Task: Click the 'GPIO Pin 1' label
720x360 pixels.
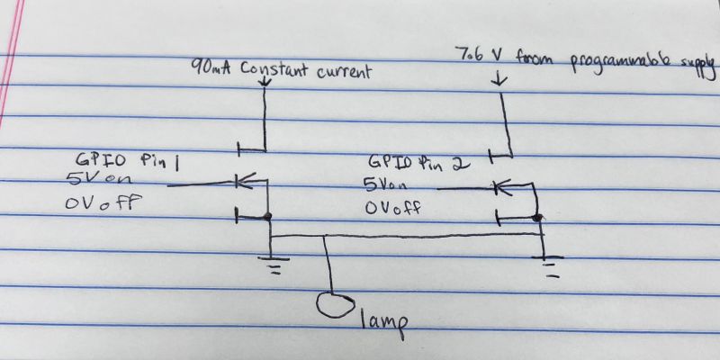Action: [126, 162]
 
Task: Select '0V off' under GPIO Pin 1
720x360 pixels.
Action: [103, 202]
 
